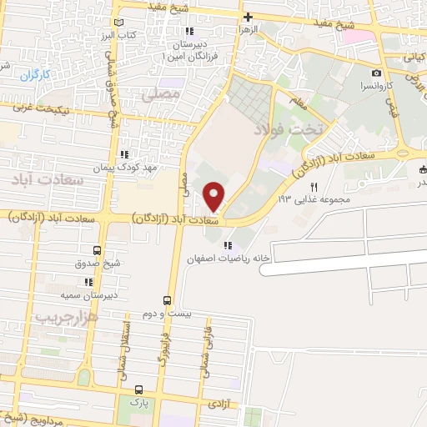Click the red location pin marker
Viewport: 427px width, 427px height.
(214, 196)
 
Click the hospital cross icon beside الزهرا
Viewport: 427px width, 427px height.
(248, 17)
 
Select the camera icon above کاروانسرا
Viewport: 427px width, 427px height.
(377, 73)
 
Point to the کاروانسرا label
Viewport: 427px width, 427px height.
(377, 86)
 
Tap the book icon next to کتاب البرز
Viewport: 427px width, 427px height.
(123, 23)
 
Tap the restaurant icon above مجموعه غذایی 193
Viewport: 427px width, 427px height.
(314, 187)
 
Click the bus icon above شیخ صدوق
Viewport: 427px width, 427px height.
(98, 250)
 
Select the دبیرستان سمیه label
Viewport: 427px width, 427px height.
(81, 294)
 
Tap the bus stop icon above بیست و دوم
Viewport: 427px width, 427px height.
(168, 299)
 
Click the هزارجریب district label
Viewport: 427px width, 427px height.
(67, 318)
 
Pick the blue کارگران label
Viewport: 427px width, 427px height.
(36, 75)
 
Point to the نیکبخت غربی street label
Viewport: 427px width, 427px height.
(59, 109)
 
